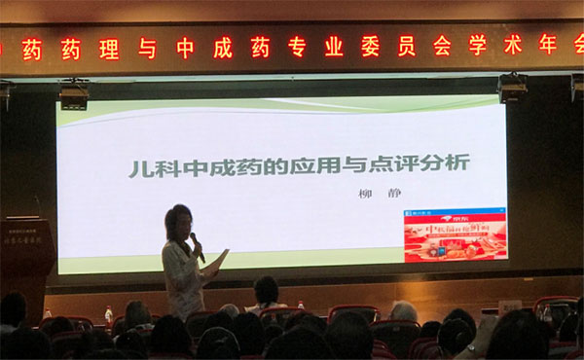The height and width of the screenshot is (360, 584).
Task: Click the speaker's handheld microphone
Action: pos(198,247)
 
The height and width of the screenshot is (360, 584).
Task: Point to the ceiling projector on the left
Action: pos(74,95)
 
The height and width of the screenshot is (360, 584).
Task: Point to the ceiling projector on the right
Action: pos(512,89)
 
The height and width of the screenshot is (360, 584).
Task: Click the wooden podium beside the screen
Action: pos(26,253)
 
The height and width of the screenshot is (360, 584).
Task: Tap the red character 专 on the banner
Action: pos(297,47)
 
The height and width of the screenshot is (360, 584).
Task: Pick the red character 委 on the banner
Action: pos(371,47)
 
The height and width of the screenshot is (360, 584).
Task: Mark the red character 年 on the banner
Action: pos(548,44)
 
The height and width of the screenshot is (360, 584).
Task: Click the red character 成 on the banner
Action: pos(222,48)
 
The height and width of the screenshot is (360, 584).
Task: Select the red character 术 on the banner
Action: pos(513,45)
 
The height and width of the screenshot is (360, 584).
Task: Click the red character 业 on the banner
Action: pos(334,47)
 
